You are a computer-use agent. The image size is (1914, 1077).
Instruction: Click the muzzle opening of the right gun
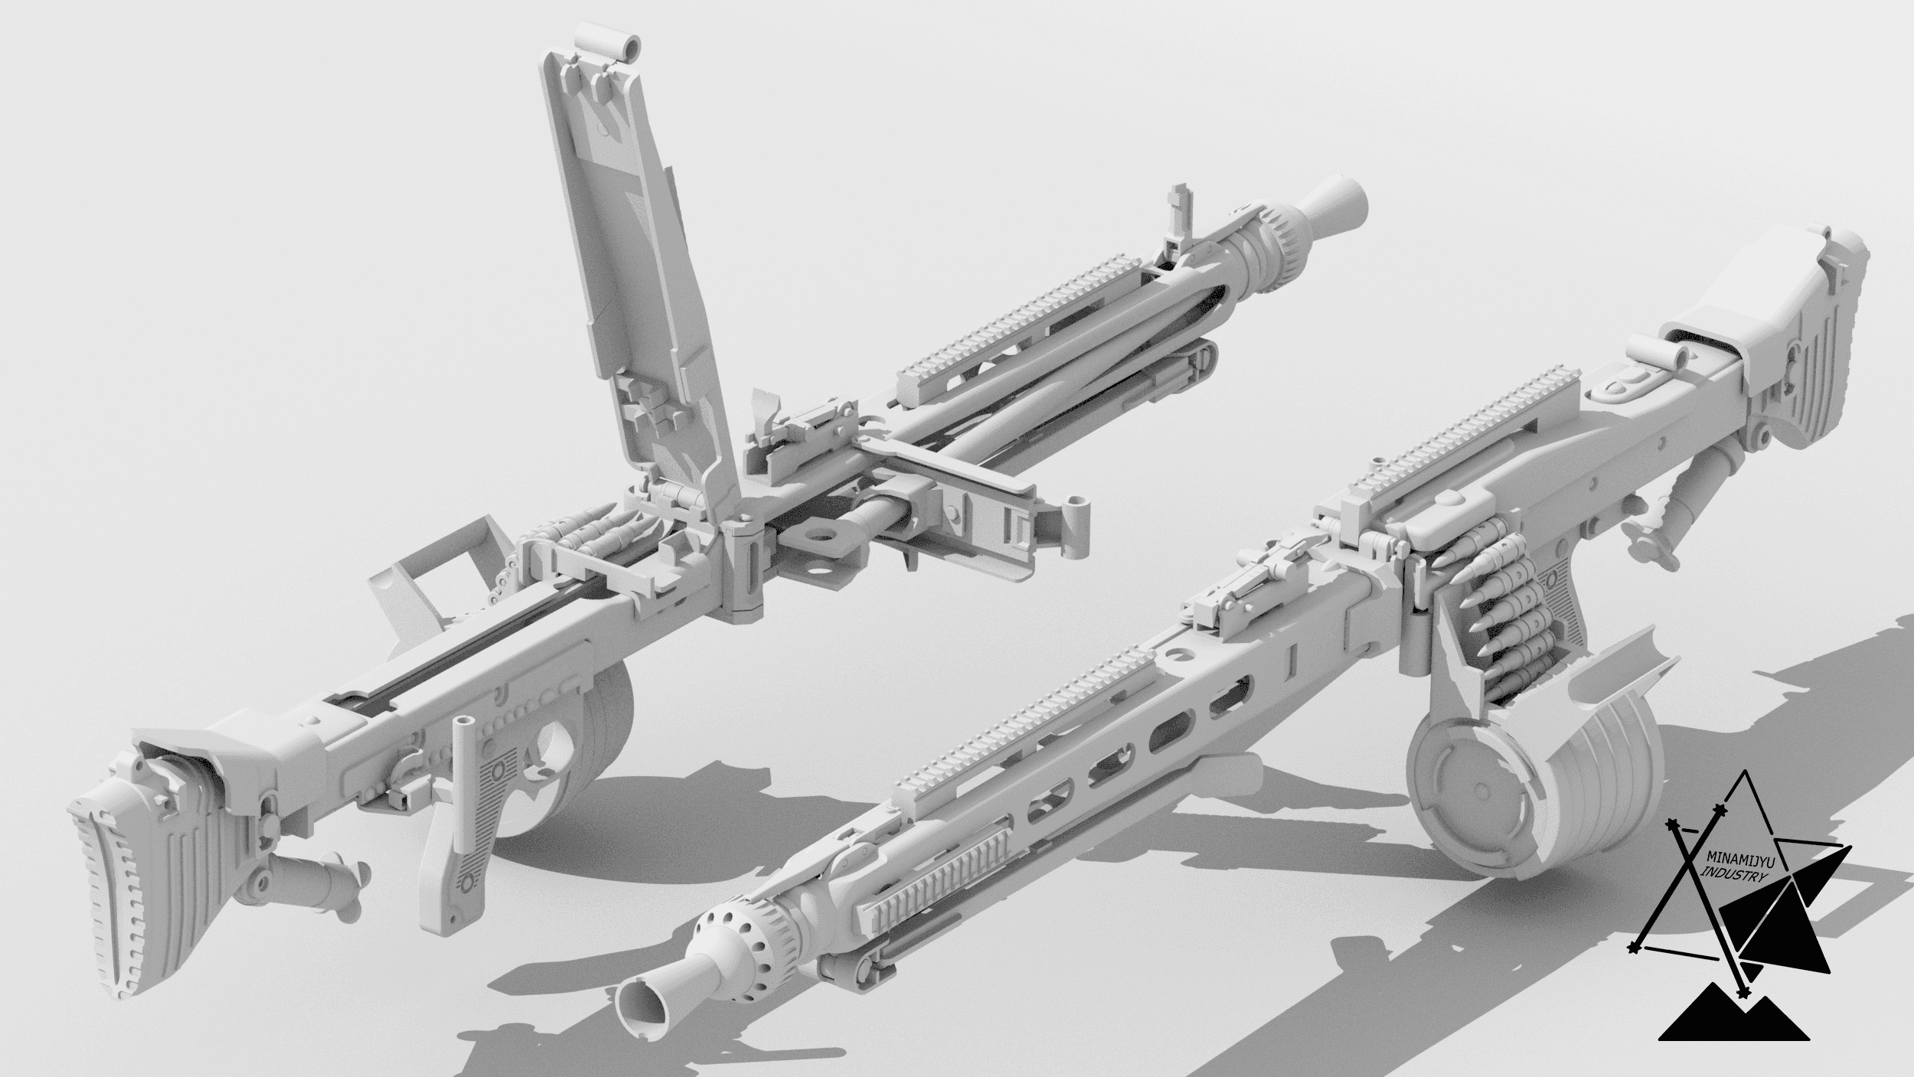[x=641, y=1011]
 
